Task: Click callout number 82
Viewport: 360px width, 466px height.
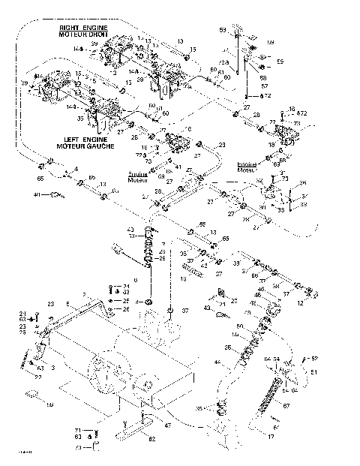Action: pos(152,437)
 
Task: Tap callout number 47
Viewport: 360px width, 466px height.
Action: pos(167,425)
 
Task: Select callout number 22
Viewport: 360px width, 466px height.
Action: pos(37,377)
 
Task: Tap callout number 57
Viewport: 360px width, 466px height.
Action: pos(264,86)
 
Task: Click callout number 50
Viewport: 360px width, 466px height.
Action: pos(240,326)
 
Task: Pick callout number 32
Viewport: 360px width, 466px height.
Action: pos(126,292)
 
